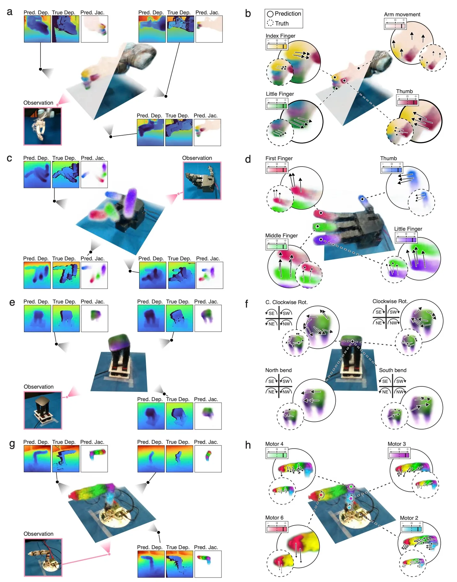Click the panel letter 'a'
[x=10, y=12]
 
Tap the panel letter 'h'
[x=248, y=445]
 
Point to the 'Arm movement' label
[x=402, y=14]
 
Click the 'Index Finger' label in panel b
[x=280, y=36]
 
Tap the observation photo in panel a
[x=42, y=126]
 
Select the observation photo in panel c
[x=202, y=181]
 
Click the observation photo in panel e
[x=43, y=410]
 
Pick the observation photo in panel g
[x=43, y=557]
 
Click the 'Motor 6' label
[x=274, y=518]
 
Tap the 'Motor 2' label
[x=409, y=518]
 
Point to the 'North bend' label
[x=278, y=370]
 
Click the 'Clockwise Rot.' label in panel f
[x=390, y=301]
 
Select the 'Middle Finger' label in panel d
[x=281, y=235]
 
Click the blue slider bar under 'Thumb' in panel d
[x=392, y=170]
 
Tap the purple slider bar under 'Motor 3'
[x=399, y=455]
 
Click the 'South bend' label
[x=393, y=370]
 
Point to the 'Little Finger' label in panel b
[x=280, y=94]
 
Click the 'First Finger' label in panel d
[x=279, y=158]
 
